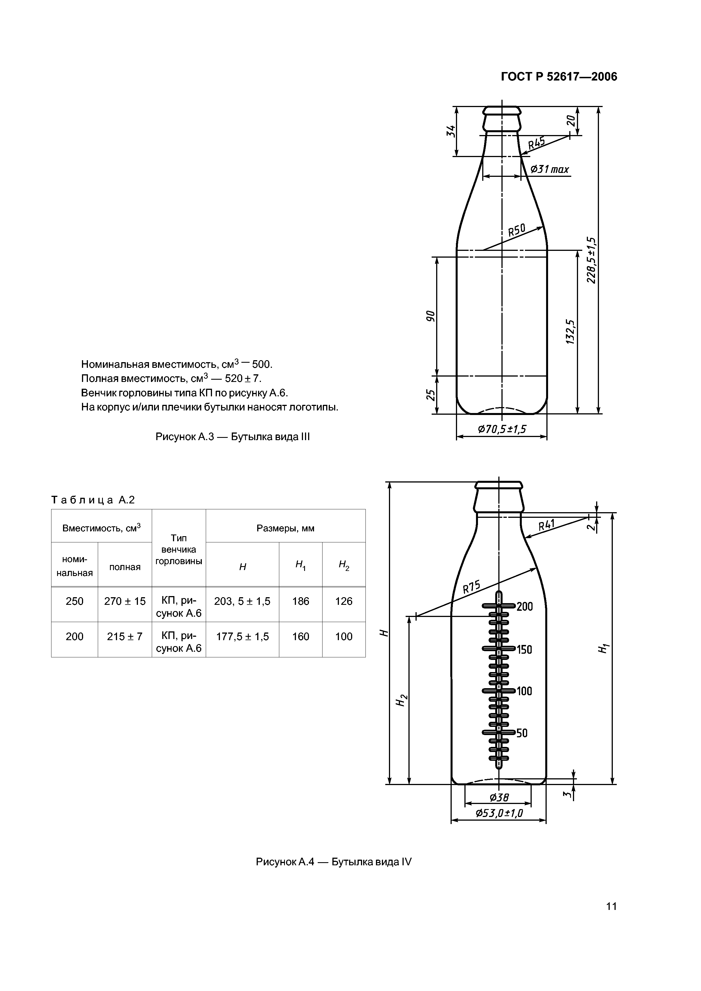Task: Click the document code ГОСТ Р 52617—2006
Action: [559, 77]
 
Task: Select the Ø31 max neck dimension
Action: [549, 169]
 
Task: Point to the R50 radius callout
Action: [517, 230]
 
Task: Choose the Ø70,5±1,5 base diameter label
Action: [502, 429]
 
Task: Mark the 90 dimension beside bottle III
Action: [430, 316]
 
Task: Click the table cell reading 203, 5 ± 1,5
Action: [242, 601]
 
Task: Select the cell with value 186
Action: [301, 601]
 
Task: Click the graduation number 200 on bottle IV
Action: [525, 607]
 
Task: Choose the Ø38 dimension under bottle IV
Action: [499, 798]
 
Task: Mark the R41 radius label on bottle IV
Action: [547, 525]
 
